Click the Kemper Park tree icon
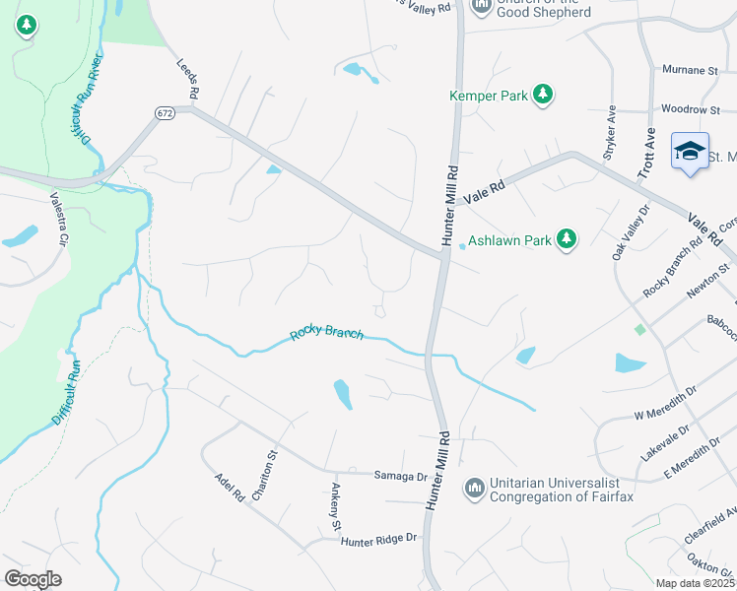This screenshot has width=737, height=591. click(x=542, y=95)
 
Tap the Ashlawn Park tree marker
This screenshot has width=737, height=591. click(x=566, y=239)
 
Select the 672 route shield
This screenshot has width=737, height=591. click(x=164, y=114)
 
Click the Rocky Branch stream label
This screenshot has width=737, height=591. click(x=327, y=335)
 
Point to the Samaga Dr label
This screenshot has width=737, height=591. click(x=400, y=476)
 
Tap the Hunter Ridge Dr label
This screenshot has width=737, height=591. click(x=379, y=539)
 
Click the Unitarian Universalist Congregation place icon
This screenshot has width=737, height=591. click(x=475, y=488)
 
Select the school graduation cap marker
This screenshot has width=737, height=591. click(x=690, y=151)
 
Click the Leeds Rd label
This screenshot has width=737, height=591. click(x=188, y=78)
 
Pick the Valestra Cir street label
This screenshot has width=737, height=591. click(x=60, y=218)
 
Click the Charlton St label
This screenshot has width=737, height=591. click(x=265, y=475)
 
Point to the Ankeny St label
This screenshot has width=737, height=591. click(x=337, y=502)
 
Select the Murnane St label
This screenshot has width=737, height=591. click(x=689, y=71)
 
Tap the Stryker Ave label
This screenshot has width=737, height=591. click(x=610, y=133)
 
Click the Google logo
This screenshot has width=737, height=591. click(x=33, y=579)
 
